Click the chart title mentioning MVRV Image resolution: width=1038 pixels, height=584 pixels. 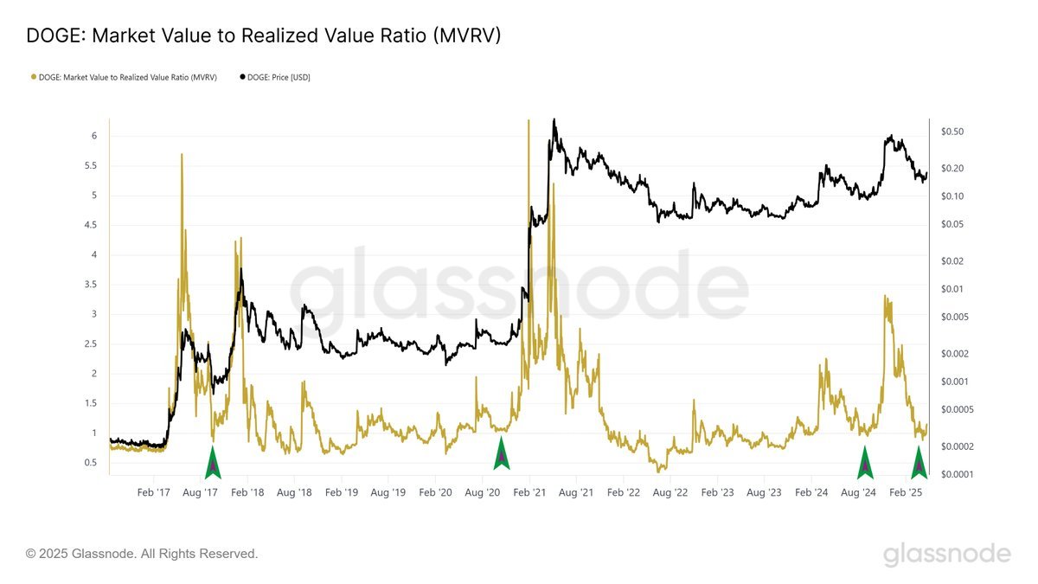(x=264, y=35)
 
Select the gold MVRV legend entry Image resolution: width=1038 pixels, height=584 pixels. (x=123, y=77)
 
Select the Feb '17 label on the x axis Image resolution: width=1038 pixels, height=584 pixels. (x=152, y=492)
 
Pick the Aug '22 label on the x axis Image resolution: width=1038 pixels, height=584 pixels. (x=670, y=492)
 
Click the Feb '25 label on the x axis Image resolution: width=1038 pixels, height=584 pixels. (x=906, y=492)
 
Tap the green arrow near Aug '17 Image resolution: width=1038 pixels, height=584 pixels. (x=213, y=463)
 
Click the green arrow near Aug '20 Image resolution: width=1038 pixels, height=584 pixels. (x=501, y=455)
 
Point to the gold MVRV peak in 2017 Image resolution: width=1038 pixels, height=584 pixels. (x=182, y=155)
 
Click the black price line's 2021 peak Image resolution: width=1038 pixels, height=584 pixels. (x=554, y=119)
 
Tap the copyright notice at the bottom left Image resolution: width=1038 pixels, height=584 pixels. (x=142, y=553)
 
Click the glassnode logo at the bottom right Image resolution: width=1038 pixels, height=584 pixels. (x=946, y=554)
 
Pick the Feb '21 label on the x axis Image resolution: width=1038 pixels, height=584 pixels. (x=529, y=492)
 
